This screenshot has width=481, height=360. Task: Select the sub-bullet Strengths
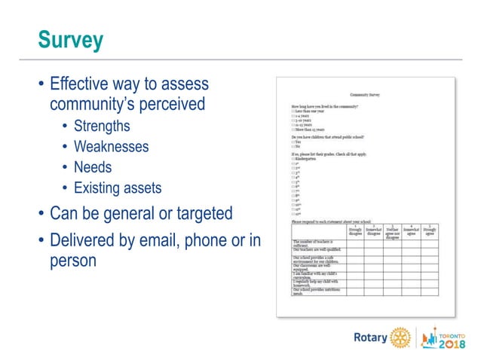[101, 126]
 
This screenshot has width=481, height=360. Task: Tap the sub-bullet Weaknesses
[111, 146]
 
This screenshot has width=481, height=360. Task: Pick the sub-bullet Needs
[92, 166]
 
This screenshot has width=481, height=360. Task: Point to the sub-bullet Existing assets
[117, 187]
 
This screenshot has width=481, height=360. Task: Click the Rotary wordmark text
[370, 337]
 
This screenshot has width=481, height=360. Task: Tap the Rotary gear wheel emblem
[400, 337]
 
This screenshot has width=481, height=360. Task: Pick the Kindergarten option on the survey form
[305, 160]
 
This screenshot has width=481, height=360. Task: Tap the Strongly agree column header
[430, 231]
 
